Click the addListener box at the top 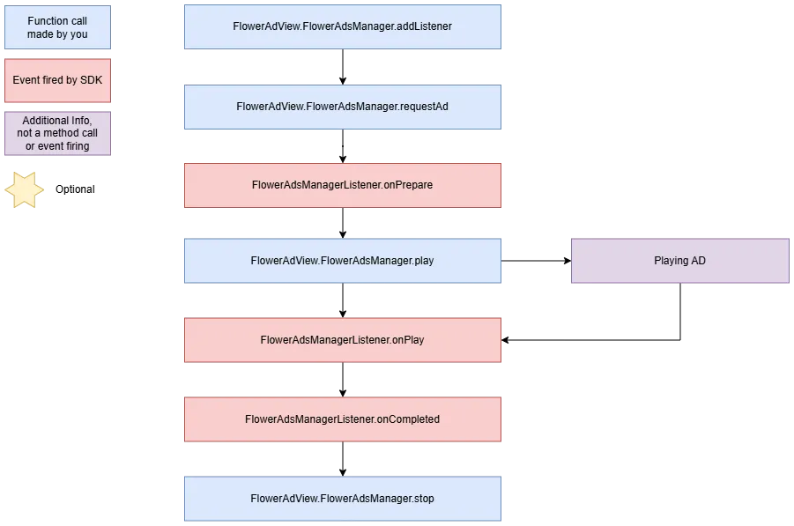pos(342,26)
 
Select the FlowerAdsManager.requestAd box pos(342,107)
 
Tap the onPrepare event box pos(342,185)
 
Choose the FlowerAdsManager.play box pos(342,261)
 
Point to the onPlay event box pos(342,340)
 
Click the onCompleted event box pos(342,419)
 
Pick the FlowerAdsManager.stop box pos(342,499)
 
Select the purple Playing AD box pos(679,261)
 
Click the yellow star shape pos(24,189)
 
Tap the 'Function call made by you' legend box pos(57,27)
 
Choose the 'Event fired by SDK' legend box pos(57,80)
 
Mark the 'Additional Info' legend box pos(57,133)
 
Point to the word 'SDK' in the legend pos(91,80)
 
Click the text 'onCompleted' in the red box pos(408,419)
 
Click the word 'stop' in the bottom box pos(424,499)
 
